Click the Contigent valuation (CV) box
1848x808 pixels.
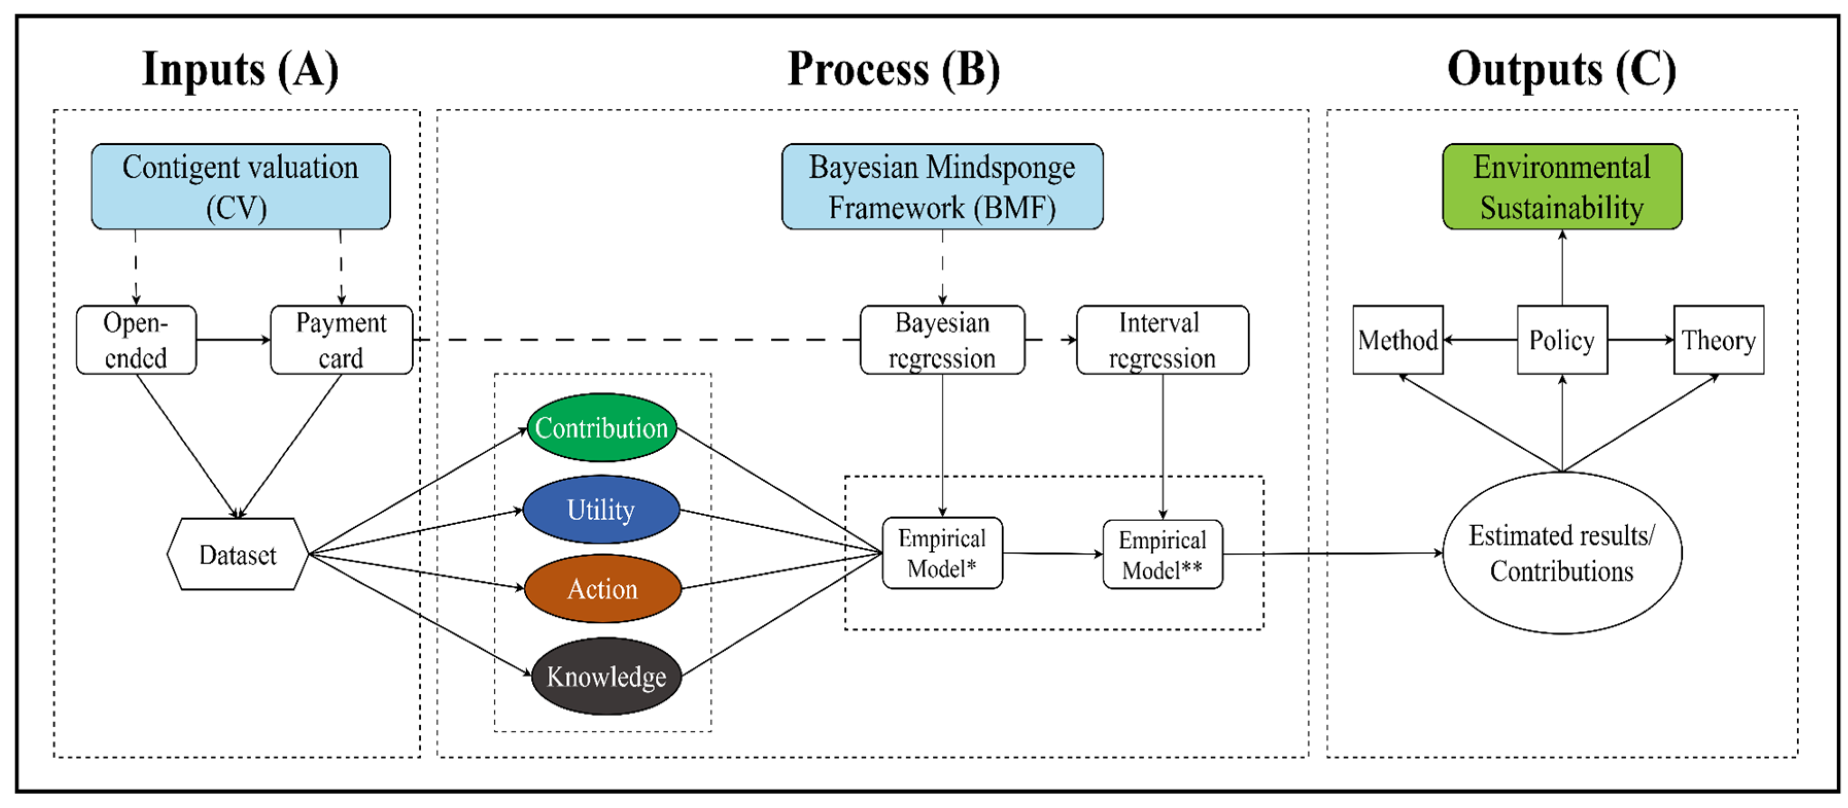240,186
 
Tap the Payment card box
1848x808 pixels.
341,340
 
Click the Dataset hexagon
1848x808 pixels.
237,554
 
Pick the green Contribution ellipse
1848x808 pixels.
601,427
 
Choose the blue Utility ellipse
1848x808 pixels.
601,510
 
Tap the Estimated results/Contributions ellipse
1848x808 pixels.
1561,553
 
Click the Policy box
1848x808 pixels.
1561,340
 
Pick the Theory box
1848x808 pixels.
1718,340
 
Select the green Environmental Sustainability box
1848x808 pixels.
1561,186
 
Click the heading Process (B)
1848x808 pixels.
893,69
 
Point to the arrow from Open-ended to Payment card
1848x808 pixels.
233,340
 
